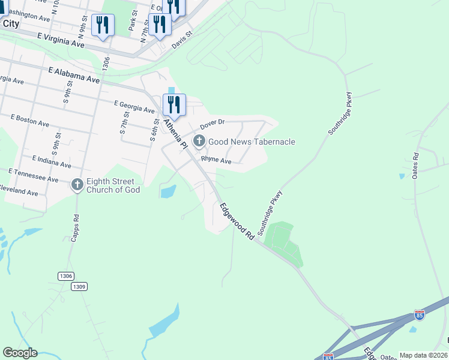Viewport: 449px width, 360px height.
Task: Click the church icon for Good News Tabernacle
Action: click(199, 142)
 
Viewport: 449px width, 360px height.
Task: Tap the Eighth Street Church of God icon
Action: click(77, 185)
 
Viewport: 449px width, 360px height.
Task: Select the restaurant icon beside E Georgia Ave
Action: click(174, 105)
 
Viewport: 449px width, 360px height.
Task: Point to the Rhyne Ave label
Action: click(216, 160)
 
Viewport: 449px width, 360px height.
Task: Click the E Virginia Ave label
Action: click(61, 40)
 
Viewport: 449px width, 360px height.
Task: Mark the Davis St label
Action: click(182, 40)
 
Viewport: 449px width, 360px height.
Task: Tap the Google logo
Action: click(20, 353)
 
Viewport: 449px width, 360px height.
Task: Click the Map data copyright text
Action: click(423, 355)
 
